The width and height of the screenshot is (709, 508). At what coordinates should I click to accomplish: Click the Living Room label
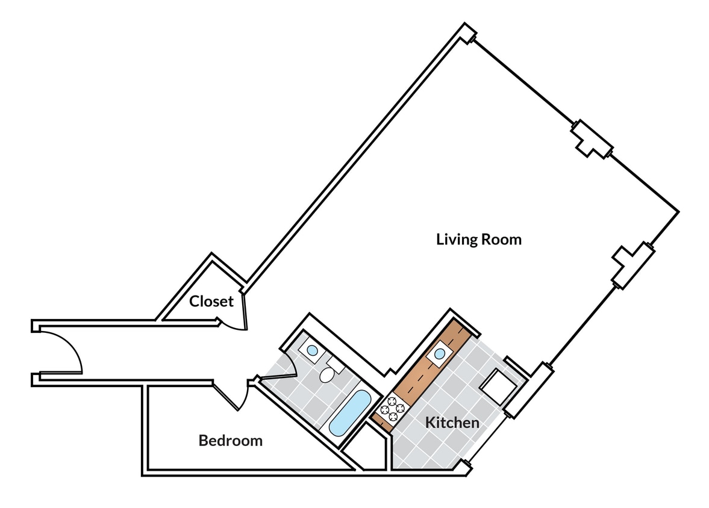pyautogui.click(x=478, y=240)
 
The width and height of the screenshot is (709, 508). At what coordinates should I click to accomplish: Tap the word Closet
pyautogui.click(x=211, y=301)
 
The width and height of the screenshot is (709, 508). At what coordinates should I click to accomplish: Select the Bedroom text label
pyautogui.click(x=230, y=441)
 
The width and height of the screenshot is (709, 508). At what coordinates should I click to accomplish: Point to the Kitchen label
pyautogui.click(x=452, y=423)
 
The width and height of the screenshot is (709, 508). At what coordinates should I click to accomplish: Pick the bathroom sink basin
pyautogui.click(x=313, y=349)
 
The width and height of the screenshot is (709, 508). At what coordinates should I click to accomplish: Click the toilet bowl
pyautogui.click(x=326, y=376)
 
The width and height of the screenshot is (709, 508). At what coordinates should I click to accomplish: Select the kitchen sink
pyautogui.click(x=439, y=354)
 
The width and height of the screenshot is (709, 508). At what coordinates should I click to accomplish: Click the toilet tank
pyautogui.click(x=335, y=365)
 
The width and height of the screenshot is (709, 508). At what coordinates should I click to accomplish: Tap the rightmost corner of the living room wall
pyautogui.click(x=678, y=212)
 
